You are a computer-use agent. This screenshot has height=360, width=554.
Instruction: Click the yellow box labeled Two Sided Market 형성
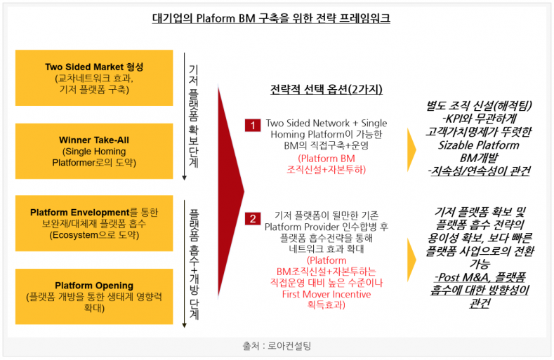[94, 77]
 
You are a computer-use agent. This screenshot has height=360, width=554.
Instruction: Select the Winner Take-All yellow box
[94, 152]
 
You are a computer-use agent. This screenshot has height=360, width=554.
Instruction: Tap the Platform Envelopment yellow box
[94, 223]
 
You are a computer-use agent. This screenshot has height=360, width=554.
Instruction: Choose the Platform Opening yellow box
[94, 295]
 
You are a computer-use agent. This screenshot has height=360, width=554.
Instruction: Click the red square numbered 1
[252, 125]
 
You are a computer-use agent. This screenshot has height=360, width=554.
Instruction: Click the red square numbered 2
[252, 218]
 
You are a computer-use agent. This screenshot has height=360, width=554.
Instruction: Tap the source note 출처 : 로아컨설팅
[277, 345]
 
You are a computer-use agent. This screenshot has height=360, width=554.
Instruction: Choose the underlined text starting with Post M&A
[480, 286]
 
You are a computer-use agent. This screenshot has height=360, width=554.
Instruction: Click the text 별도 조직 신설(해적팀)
[480, 107]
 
